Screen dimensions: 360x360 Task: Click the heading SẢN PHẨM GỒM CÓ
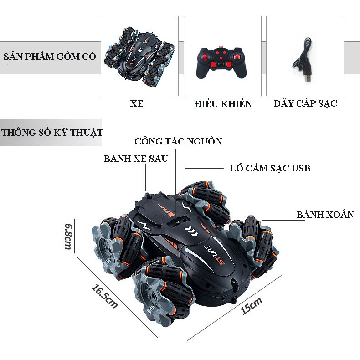coord(50,57)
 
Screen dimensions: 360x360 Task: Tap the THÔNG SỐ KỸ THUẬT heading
coord(51,133)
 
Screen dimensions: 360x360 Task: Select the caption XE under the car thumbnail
coord(136,104)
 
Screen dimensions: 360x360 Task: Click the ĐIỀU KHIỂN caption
coord(223,104)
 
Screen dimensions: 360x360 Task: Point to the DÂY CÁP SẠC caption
coord(305,103)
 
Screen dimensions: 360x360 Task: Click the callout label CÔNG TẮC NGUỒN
coord(178,141)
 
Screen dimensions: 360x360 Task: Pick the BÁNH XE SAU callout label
coord(136,159)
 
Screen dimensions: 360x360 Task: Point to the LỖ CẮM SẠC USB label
coord(270,168)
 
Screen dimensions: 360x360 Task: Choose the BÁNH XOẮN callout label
coord(325,215)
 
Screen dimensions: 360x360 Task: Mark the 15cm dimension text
coord(252,306)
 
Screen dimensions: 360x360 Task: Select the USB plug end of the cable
coord(308,77)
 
